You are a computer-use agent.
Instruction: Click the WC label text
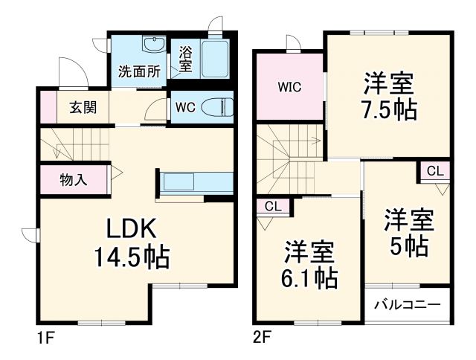[x=184, y=106]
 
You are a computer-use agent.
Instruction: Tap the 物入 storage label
[x=74, y=179]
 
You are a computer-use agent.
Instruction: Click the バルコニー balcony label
[x=408, y=305]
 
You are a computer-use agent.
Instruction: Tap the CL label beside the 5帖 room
[x=435, y=170]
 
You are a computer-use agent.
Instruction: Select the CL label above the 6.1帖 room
[x=273, y=207]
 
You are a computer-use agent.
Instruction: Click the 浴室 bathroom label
[x=184, y=59]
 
